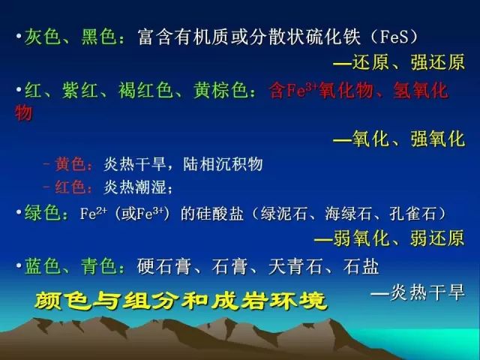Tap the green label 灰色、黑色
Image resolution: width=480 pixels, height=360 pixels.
(x=71, y=37)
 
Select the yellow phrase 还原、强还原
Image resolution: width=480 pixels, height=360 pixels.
(x=409, y=62)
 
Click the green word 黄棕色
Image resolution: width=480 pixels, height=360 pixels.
(x=220, y=91)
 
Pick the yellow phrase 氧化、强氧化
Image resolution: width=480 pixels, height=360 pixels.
(x=409, y=139)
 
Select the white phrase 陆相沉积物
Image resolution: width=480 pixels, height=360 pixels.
(x=223, y=163)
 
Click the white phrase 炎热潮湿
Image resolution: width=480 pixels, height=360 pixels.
(x=135, y=187)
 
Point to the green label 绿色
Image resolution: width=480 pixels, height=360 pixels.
(x=43, y=213)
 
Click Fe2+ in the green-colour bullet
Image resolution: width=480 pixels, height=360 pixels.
(x=93, y=213)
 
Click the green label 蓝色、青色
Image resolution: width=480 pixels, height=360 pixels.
(x=71, y=266)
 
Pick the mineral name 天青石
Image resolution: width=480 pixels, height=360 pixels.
(x=295, y=266)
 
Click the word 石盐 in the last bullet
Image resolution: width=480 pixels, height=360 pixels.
(x=361, y=266)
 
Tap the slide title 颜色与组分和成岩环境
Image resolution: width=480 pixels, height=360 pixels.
(x=181, y=301)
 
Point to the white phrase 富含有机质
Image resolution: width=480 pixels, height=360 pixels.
(x=184, y=37)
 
